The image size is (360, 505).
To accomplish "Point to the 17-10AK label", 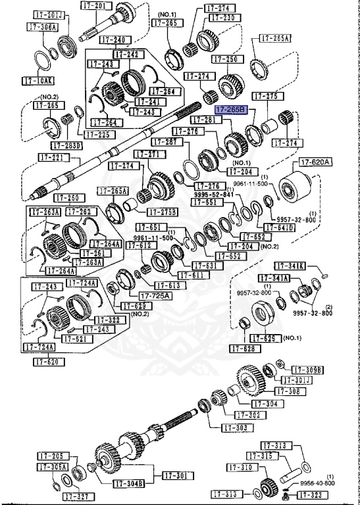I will pos(37,81).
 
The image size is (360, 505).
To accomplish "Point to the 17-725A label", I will pos(151,296).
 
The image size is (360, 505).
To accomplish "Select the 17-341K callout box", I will pos(291,266).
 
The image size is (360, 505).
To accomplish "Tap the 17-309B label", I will pos(308,370).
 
